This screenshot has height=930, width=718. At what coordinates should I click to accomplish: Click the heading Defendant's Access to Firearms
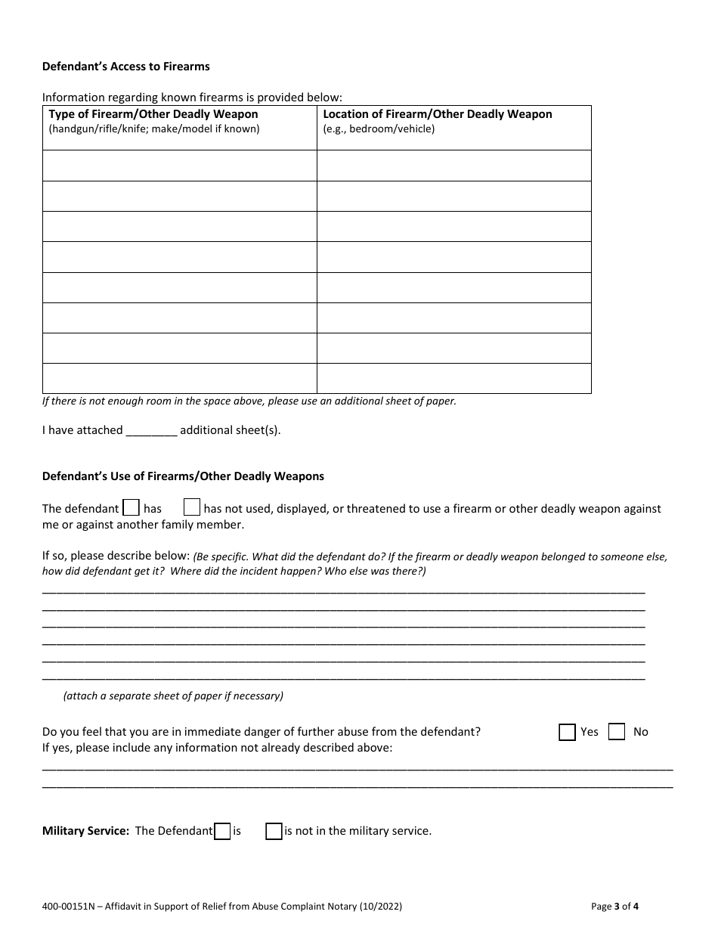point(125,67)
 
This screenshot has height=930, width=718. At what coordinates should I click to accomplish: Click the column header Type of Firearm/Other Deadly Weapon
point(153,114)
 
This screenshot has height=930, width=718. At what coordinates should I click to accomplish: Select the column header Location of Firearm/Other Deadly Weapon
point(438,114)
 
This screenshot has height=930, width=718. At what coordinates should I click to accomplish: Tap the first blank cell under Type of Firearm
point(179,166)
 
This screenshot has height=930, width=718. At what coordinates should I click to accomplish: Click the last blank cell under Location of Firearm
point(453,378)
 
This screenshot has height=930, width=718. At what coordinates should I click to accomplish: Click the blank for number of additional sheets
point(151,430)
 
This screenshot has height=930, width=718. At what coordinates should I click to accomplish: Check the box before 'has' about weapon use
point(131,507)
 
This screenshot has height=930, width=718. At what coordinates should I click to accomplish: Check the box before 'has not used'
point(192,507)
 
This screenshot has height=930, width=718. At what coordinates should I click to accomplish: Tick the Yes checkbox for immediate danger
point(567,732)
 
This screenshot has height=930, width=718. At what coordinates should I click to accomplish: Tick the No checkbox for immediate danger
point(617,732)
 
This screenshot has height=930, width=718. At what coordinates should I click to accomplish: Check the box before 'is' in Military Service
point(222,831)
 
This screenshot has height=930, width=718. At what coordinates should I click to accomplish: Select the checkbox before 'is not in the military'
point(274,831)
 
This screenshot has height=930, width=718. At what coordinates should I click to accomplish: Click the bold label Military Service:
point(85,831)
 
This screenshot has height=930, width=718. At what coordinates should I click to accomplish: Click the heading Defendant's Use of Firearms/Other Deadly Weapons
point(183,476)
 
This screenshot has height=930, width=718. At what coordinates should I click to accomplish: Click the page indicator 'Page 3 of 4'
point(615,906)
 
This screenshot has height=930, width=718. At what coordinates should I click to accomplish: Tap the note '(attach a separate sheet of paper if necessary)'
point(173,696)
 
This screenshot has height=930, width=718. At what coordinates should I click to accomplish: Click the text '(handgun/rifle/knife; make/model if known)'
point(154,129)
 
